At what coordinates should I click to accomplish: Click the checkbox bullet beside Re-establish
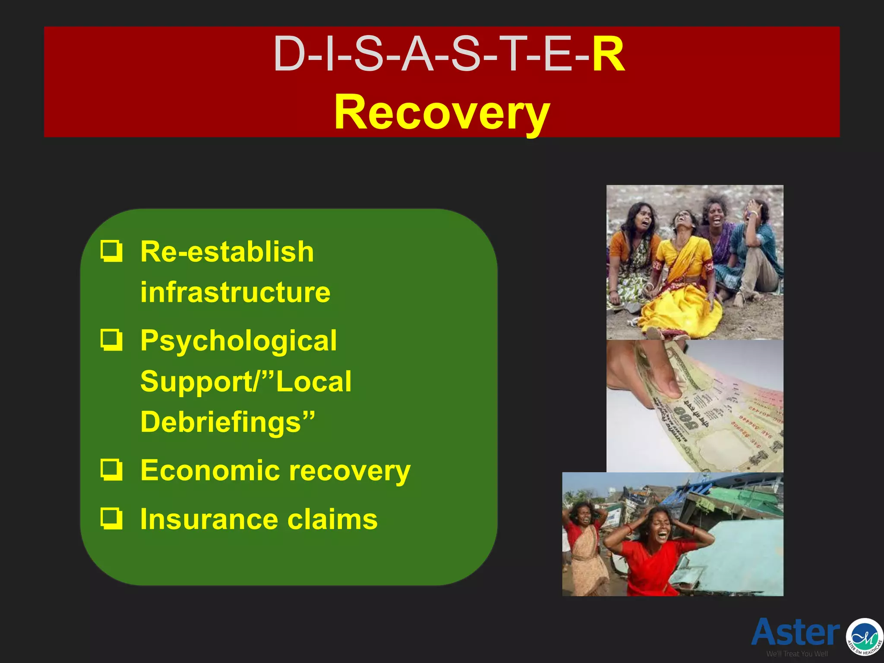click(x=111, y=251)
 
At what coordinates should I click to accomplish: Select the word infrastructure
click(x=235, y=292)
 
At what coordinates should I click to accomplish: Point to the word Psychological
click(x=238, y=341)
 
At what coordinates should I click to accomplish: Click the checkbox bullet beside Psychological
click(x=111, y=340)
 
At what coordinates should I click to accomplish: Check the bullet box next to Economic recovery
click(x=111, y=470)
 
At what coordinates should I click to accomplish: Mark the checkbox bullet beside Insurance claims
click(x=111, y=518)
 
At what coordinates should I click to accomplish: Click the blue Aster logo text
click(x=795, y=633)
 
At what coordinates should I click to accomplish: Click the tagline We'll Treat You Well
click(x=797, y=654)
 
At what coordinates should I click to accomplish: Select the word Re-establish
click(x=227, y=252)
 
